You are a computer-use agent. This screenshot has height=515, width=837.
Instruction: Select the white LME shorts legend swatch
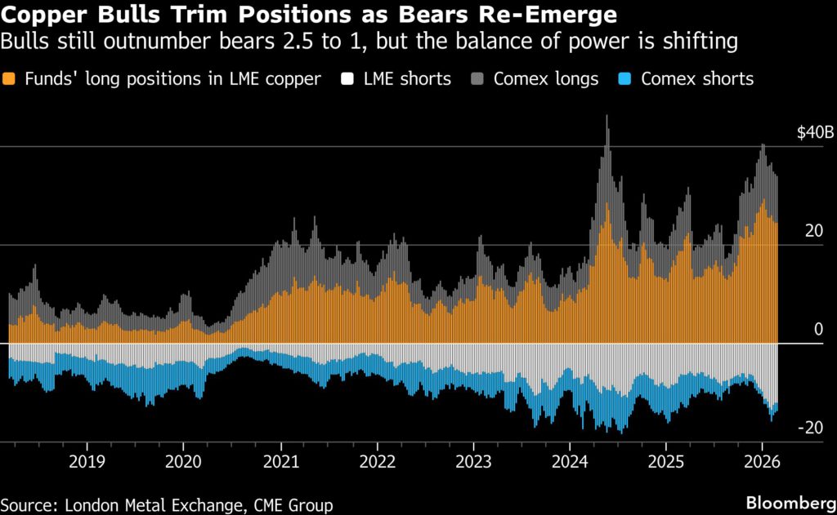348,79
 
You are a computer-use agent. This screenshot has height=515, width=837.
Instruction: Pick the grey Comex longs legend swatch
480,79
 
